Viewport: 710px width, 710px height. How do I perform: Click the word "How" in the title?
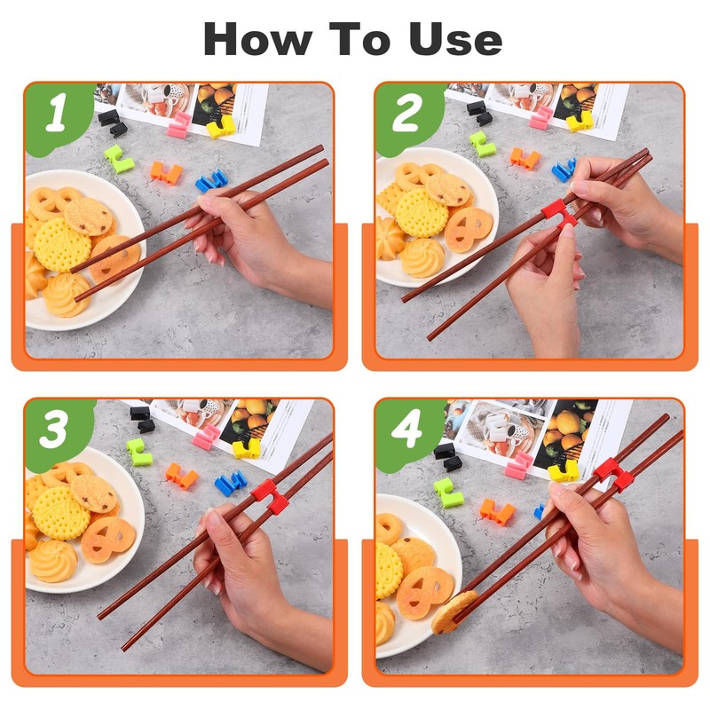coord(257,39)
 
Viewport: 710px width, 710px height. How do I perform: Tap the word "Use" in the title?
coord(455,39)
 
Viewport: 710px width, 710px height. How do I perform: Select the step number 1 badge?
coord(58,114)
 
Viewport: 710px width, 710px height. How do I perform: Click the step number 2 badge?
coord(407,114)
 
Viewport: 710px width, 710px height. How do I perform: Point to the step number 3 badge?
coord(57,430)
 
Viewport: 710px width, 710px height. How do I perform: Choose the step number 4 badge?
coord(407,430)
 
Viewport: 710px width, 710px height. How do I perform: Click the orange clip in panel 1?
coord(167,173)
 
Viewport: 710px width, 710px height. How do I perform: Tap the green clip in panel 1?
coord(119,160)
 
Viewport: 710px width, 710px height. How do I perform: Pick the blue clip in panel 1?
coord(211,180)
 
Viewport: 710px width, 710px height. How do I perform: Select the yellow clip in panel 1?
coord(221,127)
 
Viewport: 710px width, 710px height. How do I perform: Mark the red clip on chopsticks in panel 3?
coord(271,497)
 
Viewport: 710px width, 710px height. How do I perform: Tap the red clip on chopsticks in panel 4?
coord(613,477)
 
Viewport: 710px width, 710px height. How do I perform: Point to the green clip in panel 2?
coord(482,144)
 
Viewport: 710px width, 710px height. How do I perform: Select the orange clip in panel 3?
coord(182,476)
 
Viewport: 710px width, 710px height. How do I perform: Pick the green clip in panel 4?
coord(448,493)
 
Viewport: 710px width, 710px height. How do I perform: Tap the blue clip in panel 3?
coord(231,484)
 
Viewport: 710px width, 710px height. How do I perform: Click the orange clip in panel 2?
coord(525,159)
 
